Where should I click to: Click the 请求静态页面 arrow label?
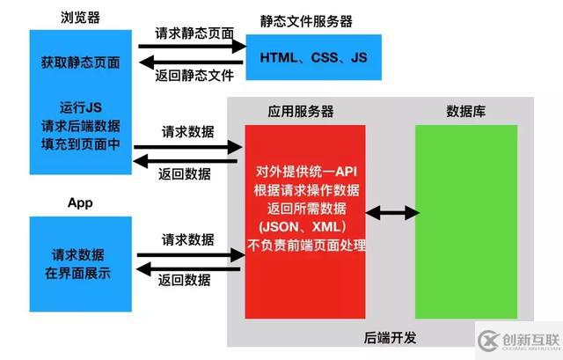point(194,33)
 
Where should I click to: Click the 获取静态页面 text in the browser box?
point(80,63)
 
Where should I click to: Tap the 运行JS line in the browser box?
point(80,107)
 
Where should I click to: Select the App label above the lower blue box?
point(80,202)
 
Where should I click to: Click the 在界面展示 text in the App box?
point(80,272)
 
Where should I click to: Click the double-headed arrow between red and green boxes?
point(391,212)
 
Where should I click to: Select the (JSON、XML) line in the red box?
point(305,226)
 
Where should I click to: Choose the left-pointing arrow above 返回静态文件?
point(189,61)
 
